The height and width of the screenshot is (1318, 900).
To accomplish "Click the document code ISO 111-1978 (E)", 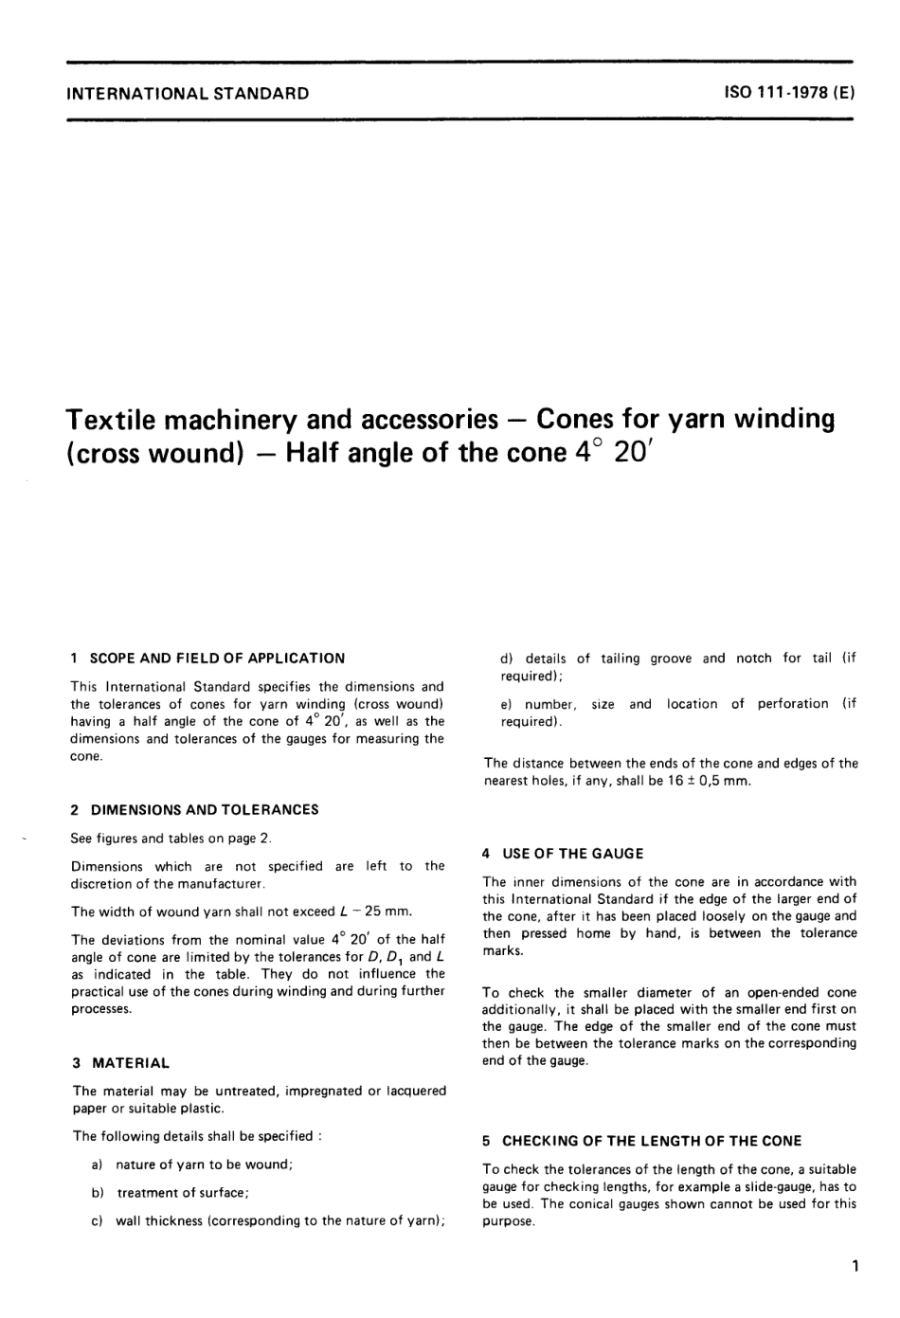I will tap(789, 93).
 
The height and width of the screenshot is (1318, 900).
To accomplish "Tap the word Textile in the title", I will tap(117, 419).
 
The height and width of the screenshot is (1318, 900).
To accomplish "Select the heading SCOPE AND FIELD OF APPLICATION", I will tap(217, 659).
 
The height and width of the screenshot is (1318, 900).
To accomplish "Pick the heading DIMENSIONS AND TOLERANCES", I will tap(204, 810).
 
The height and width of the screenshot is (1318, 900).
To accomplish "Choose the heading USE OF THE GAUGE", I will tap(572, 854).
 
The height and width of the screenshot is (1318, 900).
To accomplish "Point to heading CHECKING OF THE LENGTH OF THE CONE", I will tap(651, 1142).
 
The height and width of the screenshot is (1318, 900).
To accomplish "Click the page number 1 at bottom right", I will tap(855, 1266).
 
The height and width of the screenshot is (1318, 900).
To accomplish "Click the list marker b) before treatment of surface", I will tap(98, 1193).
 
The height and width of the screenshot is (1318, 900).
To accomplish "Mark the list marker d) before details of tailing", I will tap(506, 659).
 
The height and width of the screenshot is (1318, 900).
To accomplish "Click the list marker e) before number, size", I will tap(506, 704).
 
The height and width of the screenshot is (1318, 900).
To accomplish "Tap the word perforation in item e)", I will tap(792, 704).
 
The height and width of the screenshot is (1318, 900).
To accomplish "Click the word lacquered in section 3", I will tap(415, 1092).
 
